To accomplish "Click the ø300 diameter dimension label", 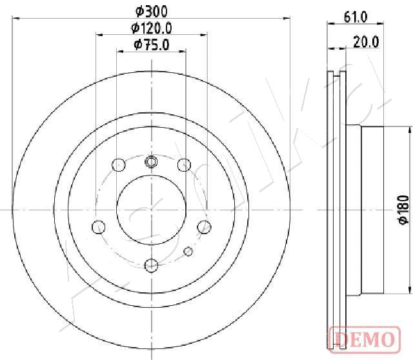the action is pos(151,12).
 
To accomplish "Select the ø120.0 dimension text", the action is pos(152,28).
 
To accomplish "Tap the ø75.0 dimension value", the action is pos(152,45).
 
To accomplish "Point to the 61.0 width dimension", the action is pos(356,17).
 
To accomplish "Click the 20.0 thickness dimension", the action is pos(366,42).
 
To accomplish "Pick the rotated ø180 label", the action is pos(403,210).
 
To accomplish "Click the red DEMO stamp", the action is pos(365,339).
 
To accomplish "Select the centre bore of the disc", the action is pos(151,210).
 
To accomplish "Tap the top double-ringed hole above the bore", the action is pos(151,161).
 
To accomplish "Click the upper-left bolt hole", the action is pos(119,165).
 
